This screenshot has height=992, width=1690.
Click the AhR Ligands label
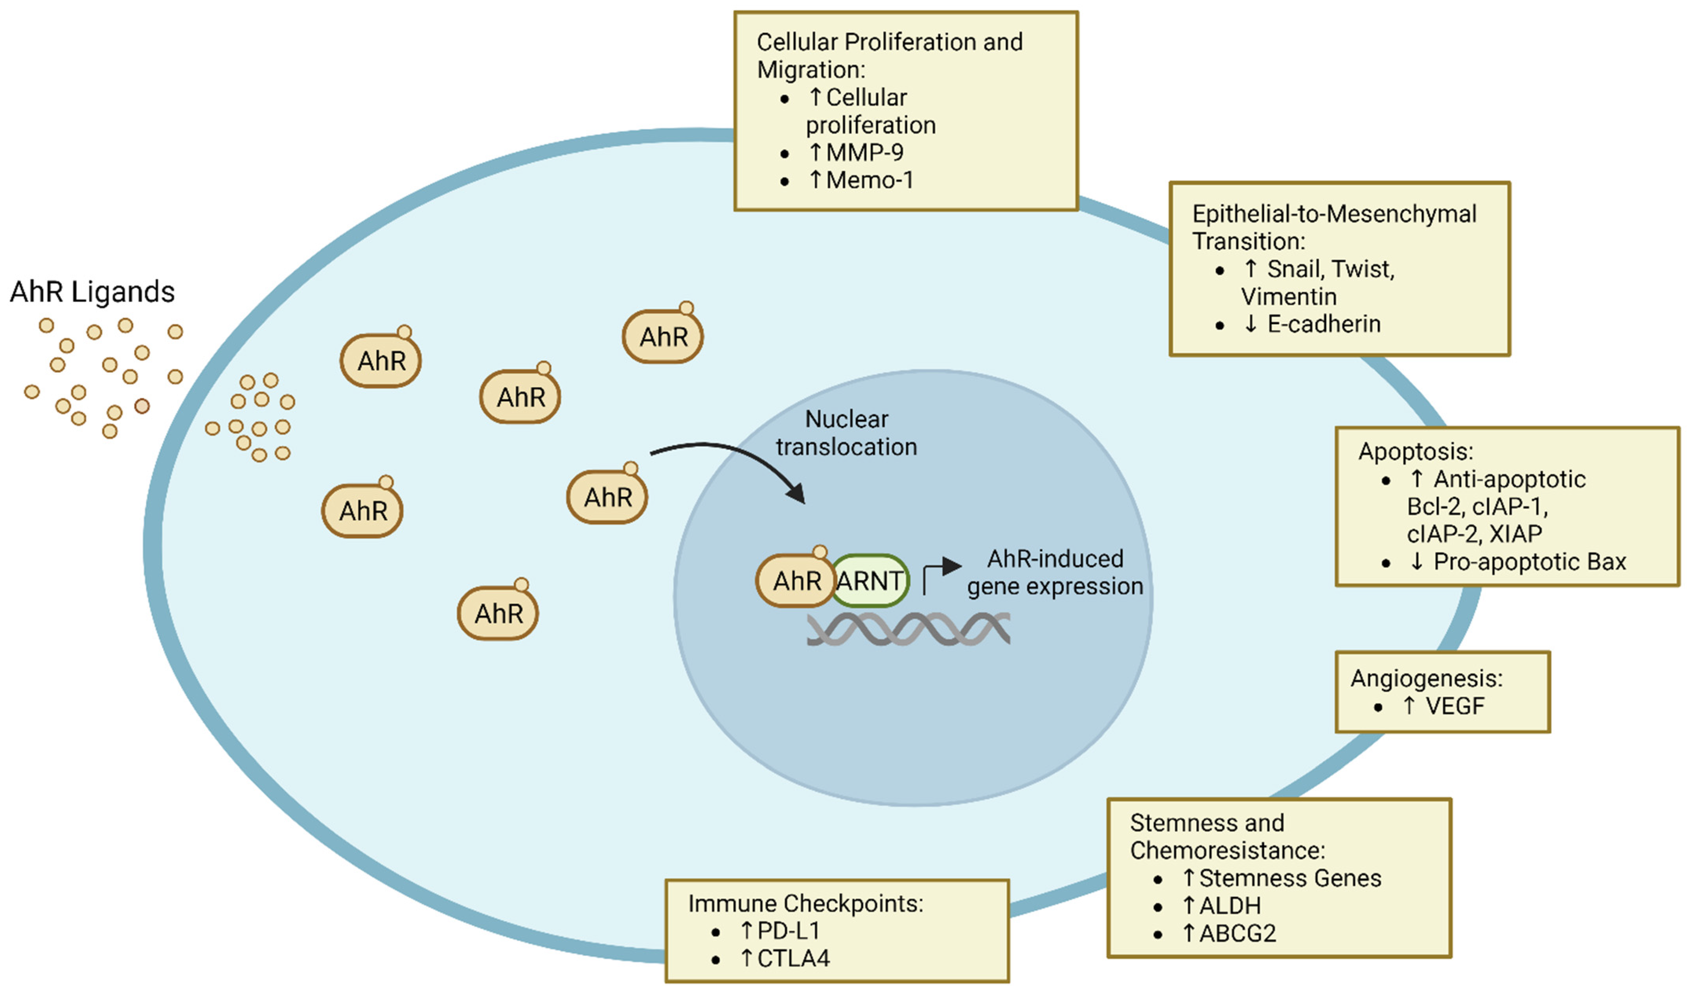[x=92, y=292]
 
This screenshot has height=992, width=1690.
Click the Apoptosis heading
[x=1416, y=452]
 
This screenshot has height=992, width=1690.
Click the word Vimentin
[x=1288, y=296]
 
